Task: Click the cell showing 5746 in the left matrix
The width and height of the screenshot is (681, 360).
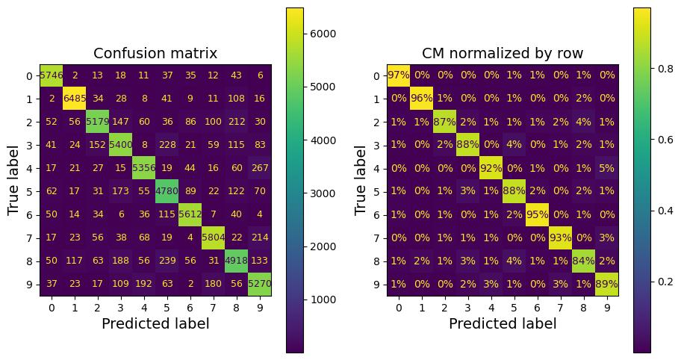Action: [52, 75]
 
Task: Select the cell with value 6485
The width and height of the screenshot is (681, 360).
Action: [75, 99]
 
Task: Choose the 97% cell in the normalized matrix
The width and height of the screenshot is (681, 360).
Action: [399, 75]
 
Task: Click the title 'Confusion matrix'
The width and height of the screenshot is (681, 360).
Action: [155, 53]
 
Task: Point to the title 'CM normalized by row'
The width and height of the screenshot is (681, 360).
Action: [503, 53]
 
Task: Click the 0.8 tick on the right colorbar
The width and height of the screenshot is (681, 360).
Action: [660, 67]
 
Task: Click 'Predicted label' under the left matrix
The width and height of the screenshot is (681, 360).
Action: [155, 324]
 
